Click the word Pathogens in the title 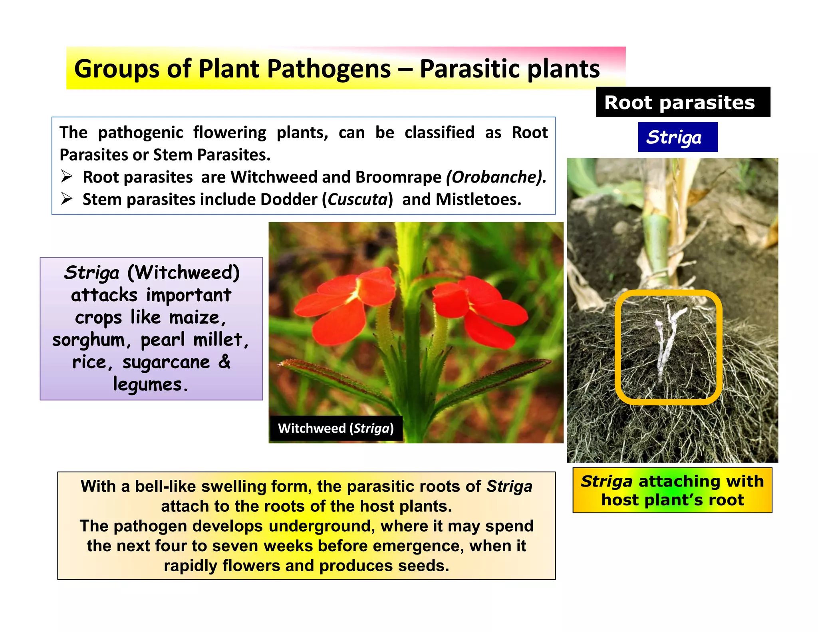pos(328,69)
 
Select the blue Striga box pos(677,137)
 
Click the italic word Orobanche pos(496,177)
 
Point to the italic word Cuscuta pos(357,199)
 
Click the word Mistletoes pos(478,199)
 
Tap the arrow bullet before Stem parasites pos(67,199)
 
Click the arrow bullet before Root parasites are pos(67,176)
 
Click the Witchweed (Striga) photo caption pos(336,428)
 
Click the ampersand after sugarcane pos(224,362)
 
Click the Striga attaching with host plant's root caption pos(672,490)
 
